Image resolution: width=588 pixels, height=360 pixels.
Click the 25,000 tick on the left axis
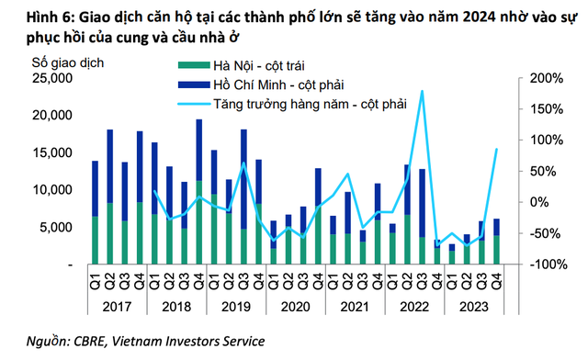point(49,79)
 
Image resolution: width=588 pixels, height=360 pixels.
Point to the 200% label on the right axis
point(545,79)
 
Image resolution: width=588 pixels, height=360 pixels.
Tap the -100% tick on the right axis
point(544,264)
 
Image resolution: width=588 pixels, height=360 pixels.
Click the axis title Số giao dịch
point(69,62)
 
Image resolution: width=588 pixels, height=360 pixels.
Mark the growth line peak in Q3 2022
point(422,91)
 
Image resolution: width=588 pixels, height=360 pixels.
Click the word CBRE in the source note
point(90,342)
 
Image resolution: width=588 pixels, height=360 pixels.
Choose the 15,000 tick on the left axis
point(49,153)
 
